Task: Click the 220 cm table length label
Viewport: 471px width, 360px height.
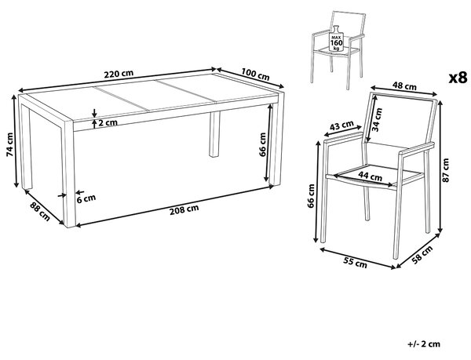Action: tap(119, 74)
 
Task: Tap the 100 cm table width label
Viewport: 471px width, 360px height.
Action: tap(255, 74)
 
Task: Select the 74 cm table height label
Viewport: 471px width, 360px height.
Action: tap(9, 144)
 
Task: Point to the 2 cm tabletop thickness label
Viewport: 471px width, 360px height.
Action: tap(108, 122)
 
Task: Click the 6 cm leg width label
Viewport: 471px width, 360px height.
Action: tap(86, 198)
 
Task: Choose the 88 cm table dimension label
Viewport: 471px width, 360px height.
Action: tap(40, 212)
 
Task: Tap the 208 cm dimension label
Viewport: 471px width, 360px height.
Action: tap(184, 209)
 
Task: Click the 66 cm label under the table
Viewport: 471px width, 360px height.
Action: tap(262, 144)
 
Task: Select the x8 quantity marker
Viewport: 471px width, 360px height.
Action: tap(458, 78)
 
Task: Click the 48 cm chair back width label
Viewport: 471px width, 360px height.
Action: tap(405, 86)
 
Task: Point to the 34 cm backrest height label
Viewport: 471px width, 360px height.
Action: tap(377, 120)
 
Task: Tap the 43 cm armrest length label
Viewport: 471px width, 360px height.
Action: tap(341, 125)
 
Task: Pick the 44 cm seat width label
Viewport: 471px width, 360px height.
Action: tap(371, 176)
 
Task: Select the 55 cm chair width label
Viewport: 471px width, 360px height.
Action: tap(356, 263)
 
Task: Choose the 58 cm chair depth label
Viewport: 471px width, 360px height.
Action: tap(422, 255)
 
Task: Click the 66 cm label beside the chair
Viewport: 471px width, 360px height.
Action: tap(311, 195)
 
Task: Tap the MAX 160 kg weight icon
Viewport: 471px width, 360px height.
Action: tap(336, 38)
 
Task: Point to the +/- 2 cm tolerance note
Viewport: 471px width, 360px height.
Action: tap(424, 344)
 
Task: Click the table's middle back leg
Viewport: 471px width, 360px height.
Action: tap(214, 134)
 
